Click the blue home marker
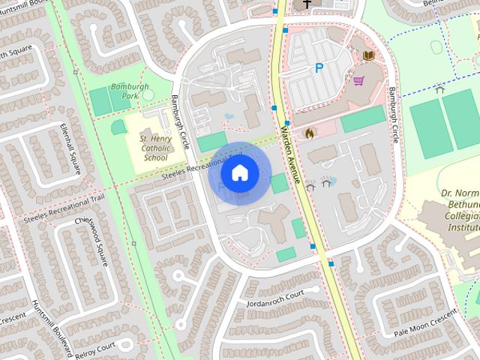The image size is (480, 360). pos(239,173)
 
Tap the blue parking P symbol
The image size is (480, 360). pos(319,68)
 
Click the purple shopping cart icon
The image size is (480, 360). pos(358,80)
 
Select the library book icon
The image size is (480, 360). pos(368,55)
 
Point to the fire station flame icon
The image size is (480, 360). pos(308,132)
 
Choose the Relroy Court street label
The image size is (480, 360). pos(95,348)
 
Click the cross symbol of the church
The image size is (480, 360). pos(306,5)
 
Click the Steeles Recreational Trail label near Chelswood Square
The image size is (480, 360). pos(64,210)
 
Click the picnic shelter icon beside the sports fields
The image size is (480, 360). pos(439,88)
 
